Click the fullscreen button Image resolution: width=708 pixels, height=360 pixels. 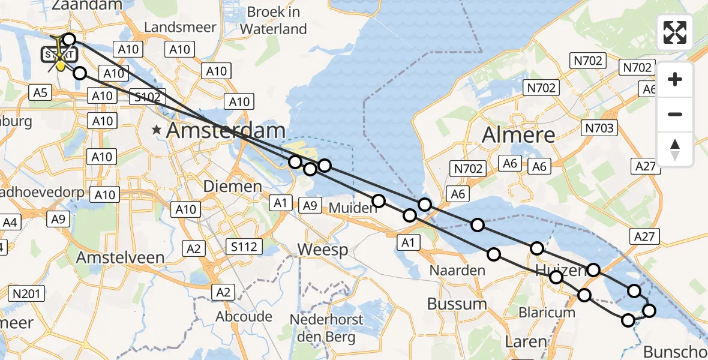675,32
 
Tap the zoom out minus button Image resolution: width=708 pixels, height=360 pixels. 675,114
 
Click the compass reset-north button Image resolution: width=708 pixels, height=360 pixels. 675,149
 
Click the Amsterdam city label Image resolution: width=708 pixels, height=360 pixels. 226,130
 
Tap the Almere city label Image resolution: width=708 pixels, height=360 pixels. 517,136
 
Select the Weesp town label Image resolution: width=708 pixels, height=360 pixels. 323,249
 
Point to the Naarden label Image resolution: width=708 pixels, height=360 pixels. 457,270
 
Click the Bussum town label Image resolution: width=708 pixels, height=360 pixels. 457,304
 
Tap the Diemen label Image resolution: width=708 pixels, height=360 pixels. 232,186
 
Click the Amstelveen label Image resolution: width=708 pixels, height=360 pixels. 121,257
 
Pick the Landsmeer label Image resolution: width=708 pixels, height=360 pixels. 175,28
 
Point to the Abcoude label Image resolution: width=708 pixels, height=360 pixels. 244,316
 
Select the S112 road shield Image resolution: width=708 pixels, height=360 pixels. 244,246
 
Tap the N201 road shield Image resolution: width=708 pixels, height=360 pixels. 27,293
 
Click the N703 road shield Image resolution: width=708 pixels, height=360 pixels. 600,127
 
